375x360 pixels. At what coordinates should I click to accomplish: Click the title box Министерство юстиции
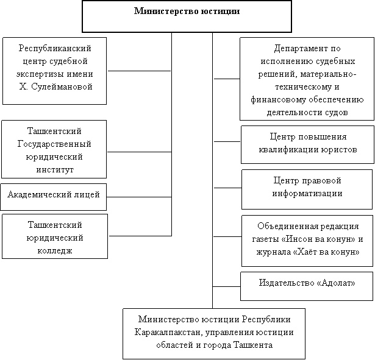187,16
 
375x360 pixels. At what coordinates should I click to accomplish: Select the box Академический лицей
54,197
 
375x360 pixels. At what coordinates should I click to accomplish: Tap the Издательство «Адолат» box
307,286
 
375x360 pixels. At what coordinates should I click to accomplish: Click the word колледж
55,251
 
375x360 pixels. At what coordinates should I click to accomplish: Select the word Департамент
301,49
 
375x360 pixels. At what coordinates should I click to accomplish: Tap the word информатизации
307,194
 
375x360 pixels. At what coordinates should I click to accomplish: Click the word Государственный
54,144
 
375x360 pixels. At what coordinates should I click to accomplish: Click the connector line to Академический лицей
139,197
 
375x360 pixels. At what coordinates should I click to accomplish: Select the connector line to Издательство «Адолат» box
226,286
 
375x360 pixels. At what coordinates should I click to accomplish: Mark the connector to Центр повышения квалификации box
227,142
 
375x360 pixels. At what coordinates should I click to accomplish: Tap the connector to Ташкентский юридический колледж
140,236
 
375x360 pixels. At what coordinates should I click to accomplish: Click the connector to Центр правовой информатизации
227,188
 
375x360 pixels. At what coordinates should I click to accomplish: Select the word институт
55,170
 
